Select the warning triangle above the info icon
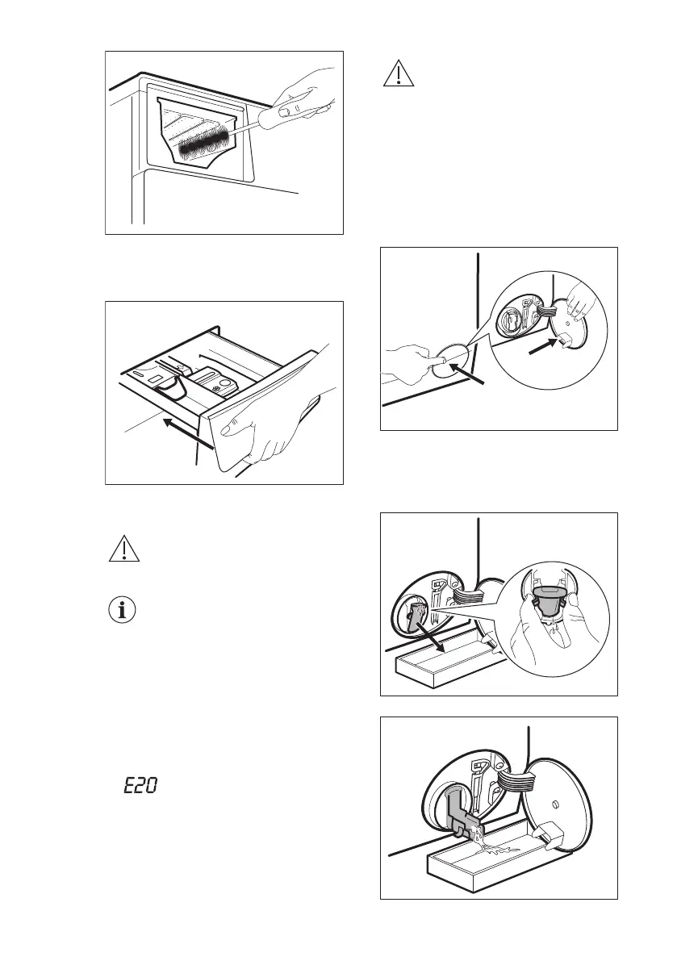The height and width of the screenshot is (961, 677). (x=122, y=549)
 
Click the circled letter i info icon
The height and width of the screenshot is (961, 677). (x=122, y=610)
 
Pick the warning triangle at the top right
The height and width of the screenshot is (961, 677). (x=396, y=73)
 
